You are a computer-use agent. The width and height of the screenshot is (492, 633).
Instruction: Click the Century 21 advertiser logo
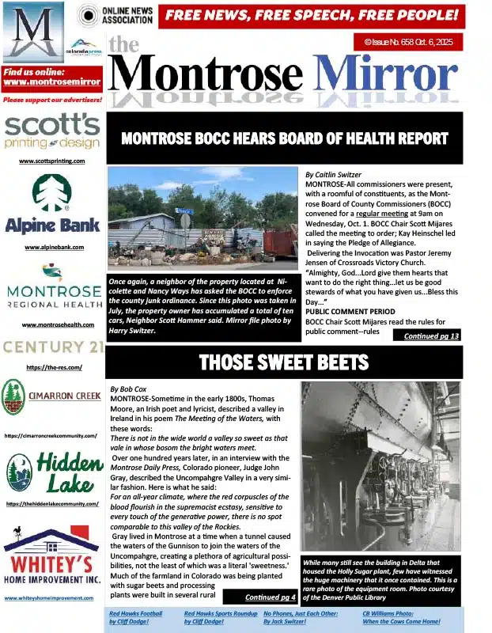[x=52, y=347]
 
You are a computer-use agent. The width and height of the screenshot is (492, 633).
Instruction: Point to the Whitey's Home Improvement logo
[x=52, y=558]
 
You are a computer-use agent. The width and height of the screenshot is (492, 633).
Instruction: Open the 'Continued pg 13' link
[x=431, y=336]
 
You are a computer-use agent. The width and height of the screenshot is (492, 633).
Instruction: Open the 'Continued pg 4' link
[x=271, y=597]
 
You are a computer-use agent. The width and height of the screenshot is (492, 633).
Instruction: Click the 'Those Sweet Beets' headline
[x=284, y=362]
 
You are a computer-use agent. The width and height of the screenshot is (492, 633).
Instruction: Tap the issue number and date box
[x=407, y=41]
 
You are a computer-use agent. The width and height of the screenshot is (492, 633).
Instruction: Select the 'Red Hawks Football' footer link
[x=135, y=617]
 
